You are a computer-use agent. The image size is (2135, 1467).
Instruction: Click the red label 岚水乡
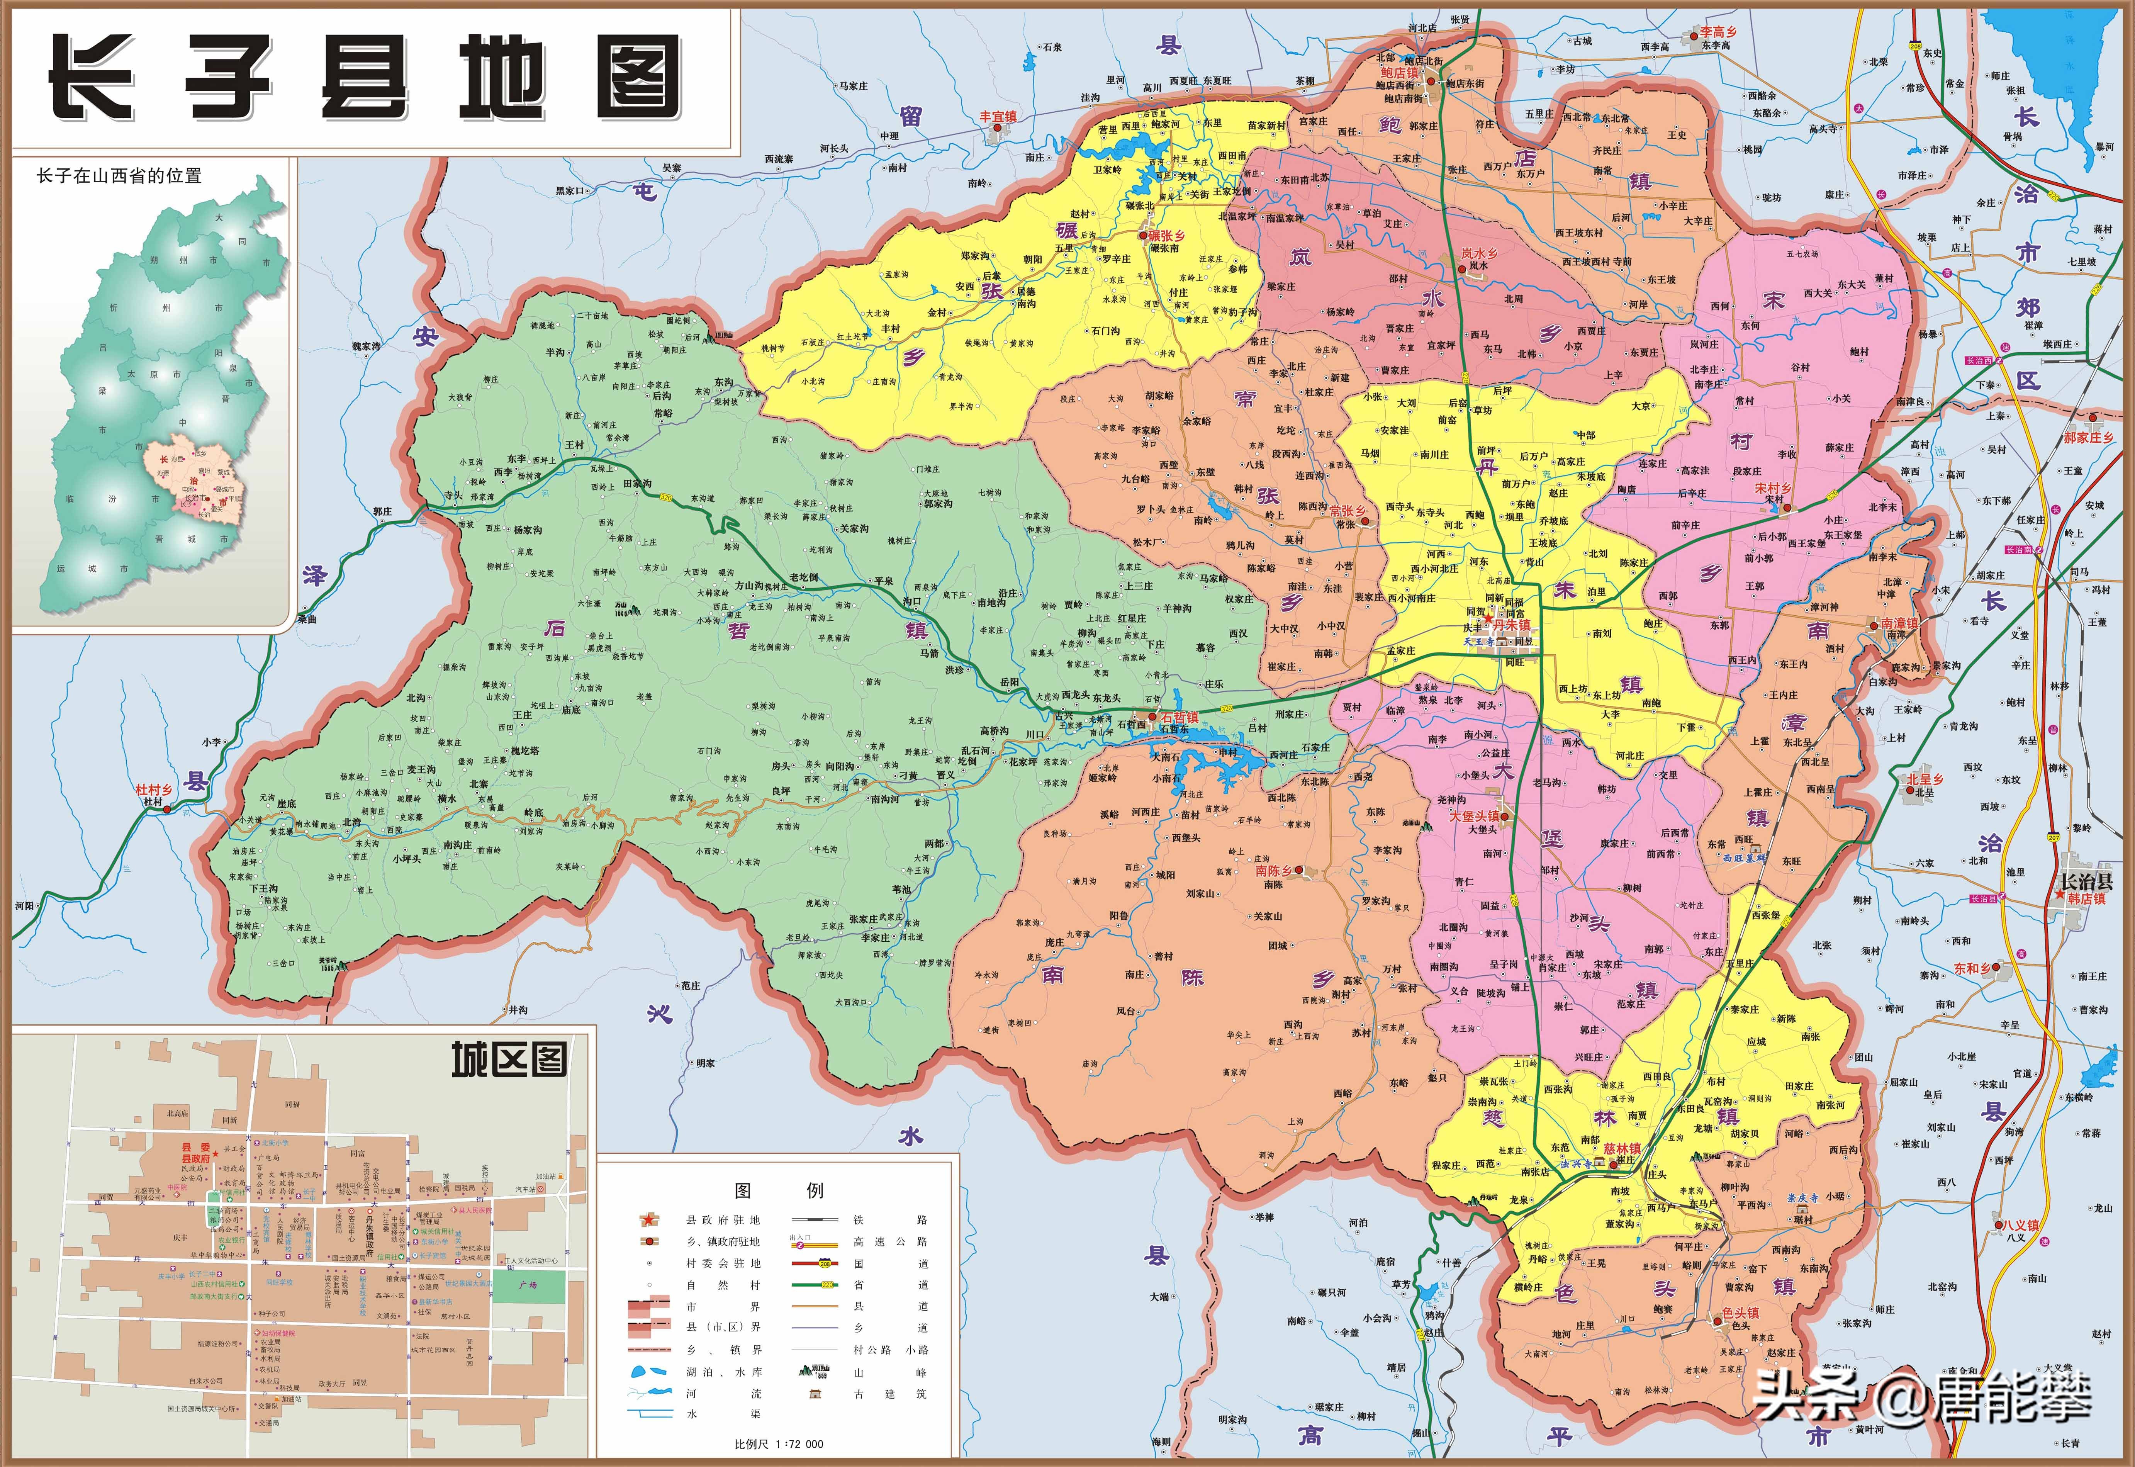1480,253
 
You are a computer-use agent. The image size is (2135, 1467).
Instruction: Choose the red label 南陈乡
1274,871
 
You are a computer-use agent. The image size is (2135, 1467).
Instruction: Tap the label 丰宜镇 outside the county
998,117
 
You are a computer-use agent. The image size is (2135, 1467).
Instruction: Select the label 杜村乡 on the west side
153,790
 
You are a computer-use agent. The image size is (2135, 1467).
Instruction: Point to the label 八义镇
2022,1225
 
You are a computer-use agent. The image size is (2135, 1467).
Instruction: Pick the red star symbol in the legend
649,1220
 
